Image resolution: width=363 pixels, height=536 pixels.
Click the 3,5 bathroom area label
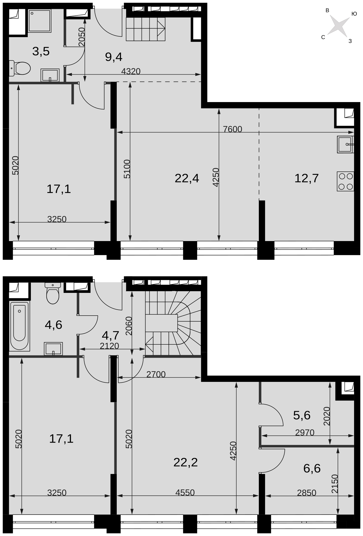pyautogui.click(x=41, y=52)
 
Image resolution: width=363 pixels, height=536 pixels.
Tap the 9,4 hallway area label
pyautogui.click(x=114, y=57)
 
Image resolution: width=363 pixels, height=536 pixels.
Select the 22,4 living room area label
pyautogui.click(x=187, y=178)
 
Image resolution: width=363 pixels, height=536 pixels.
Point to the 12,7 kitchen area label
pyautogui.click(x=306, y=178)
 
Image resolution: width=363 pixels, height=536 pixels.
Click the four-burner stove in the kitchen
pyautogui.click(x=345, y=181)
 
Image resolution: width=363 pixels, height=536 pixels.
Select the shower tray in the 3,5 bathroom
pyautogui.click(x=40, y=21)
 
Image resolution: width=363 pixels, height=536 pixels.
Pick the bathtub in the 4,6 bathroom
pyautogui.click(x=20, y=326)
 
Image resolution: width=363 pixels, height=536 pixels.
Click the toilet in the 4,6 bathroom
pyautogui.click(x=53, y=293)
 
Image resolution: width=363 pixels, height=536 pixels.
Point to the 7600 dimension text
pyautogui.click(x=233, y=129)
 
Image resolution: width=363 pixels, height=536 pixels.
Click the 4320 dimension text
pyautogui.click(x=131, y=71)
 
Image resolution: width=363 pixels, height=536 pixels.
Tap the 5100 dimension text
pyautogui.click(x=127, y=169)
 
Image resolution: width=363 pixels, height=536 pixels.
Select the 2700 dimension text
pyautogui.click(x=156, y=375)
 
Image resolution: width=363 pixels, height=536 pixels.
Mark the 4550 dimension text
pyautogui.click(x=185, y=493)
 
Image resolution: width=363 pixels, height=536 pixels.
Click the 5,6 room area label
pyautogui.click(x=302, y=415)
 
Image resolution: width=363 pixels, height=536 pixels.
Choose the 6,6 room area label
pyautogui.click(x=312, y=468)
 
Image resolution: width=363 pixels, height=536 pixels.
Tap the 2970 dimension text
pyautogui.click(x=305, y=433)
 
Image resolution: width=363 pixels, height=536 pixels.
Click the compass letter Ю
pyautogui.click(x=354, y=14)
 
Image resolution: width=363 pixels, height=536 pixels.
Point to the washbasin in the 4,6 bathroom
pyautogui.click(x=53, y=349)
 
